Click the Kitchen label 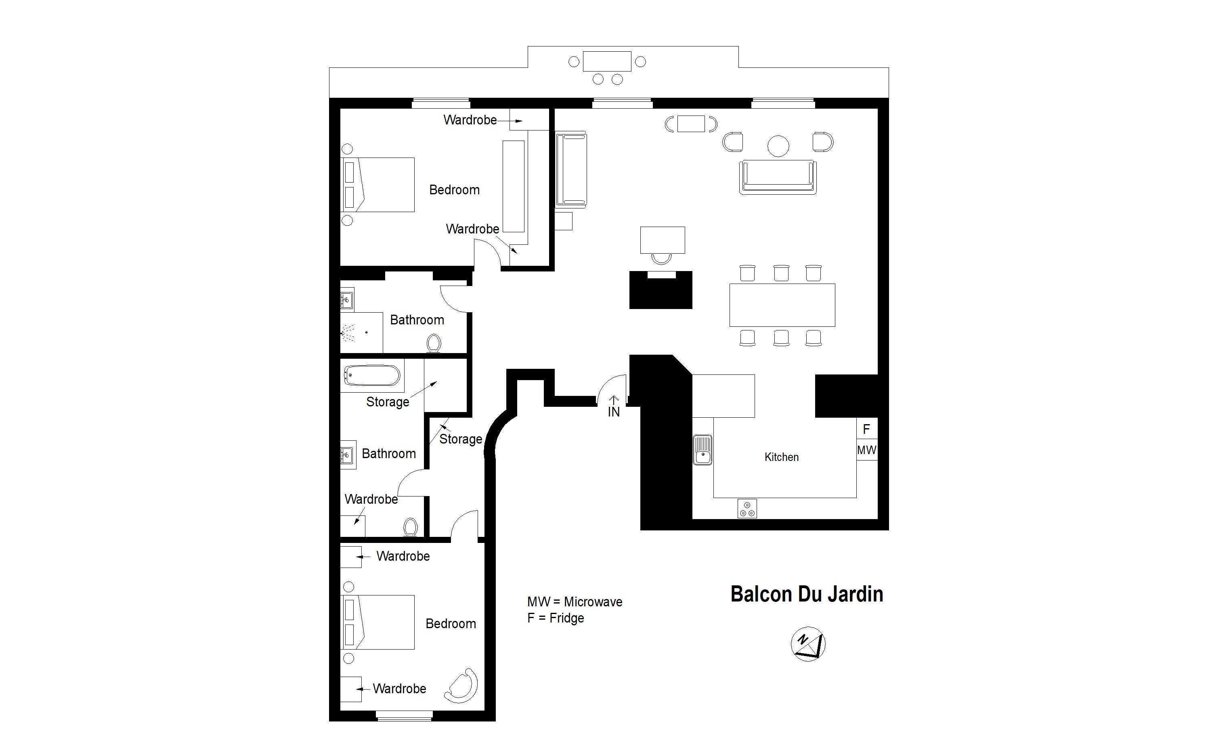click(781, 457)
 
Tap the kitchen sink click(703, 450)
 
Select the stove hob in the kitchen click(747, 509)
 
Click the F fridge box click(867, 429)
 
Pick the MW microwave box click(867, 450)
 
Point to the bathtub click(372, 376)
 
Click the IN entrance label click(614, 412)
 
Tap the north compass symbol click(808, 644)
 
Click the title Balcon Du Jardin click(807, 594)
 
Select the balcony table click(607, 61)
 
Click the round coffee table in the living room click(778, 146)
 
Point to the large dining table click(782, 305)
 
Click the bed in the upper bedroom click(377, 185)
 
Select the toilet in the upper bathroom click(434, 343)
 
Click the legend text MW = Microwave click(575, 602)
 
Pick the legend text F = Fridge click(556, 618)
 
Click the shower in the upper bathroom click(361, 332)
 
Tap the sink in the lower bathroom click(348, 455)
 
